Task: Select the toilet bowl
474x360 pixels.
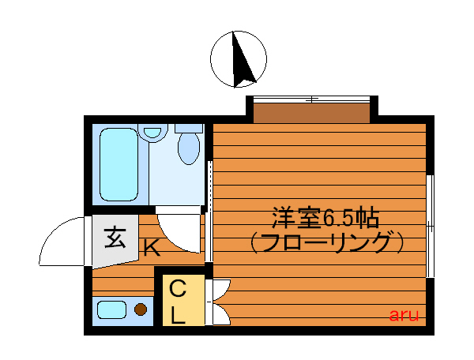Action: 189,146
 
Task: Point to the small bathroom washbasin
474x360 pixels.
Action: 154,134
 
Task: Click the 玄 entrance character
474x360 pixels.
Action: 115,237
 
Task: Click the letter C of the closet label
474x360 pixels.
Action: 179,289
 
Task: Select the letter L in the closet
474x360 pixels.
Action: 179,315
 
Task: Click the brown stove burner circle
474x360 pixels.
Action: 141,309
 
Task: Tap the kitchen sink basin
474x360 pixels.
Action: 112,309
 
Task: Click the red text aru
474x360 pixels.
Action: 404,315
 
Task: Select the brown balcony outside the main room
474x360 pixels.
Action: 311,111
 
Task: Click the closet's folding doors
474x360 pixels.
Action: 218,302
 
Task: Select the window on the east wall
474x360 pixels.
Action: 431,226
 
